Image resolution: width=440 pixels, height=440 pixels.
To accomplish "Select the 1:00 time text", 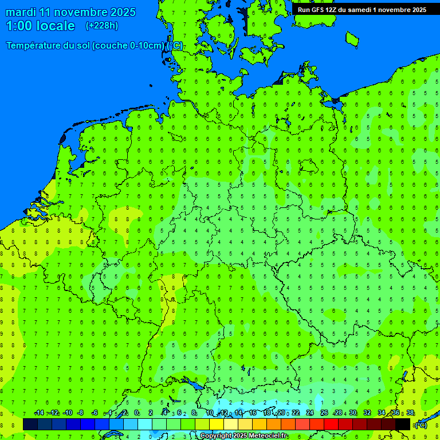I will point(19,26).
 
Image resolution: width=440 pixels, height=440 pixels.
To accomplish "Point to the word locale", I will point(56,26).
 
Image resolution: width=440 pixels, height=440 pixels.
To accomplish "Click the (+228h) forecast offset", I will point(102,26).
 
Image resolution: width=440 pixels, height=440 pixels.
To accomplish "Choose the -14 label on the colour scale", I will point(38,413).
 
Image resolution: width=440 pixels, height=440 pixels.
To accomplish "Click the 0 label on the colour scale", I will point(136,413).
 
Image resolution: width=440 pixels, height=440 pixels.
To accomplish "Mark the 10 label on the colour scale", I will point(210,413).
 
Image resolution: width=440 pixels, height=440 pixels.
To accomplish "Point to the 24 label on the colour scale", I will point(310,413).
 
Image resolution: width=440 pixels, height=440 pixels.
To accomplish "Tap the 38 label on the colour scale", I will point(410,413).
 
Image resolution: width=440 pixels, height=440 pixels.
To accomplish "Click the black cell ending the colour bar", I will point(403,424).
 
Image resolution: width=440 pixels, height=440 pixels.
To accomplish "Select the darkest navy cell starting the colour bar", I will point(30,424).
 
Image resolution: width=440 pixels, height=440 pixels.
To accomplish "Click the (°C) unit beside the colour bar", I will point(421,425).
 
